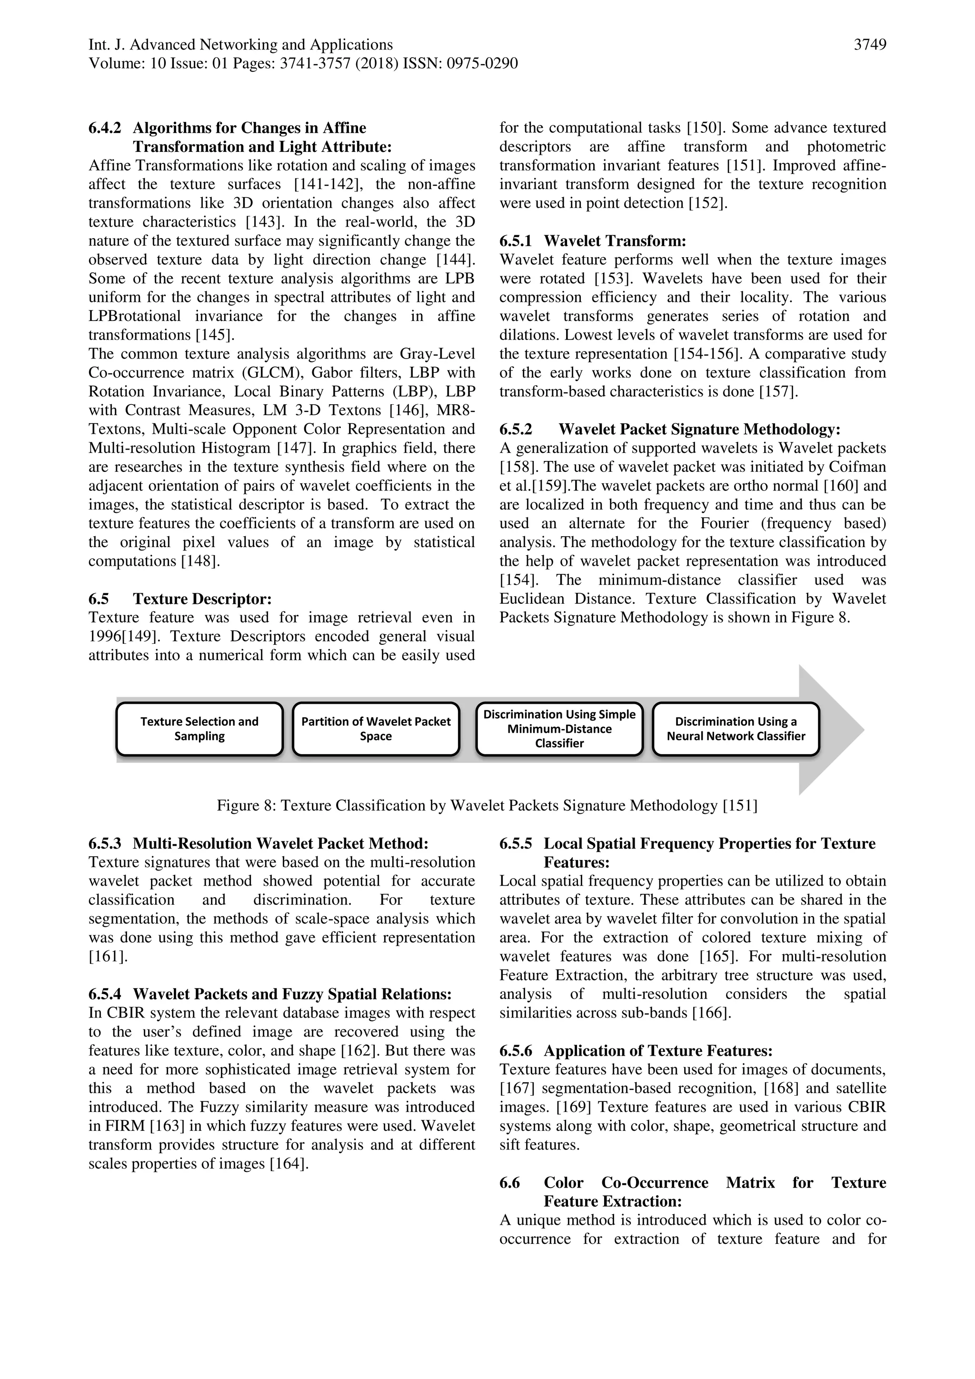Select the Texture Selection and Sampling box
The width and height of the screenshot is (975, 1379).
[x=199, y=729]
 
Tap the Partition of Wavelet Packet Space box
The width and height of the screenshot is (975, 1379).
[x=376, y=729]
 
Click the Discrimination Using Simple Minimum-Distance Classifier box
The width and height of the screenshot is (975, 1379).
[x=559, y=729]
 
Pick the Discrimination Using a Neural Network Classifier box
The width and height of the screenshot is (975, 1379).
[x=736, y=729]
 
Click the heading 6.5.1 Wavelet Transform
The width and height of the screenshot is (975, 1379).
[x=593, y=241]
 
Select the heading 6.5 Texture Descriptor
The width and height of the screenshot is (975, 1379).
[x=180, y=599]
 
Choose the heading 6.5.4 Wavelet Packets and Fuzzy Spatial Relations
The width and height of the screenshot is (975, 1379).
[x=269, y=995]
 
